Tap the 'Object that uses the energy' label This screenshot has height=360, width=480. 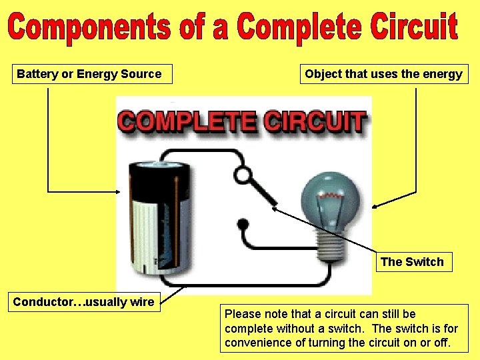(383, 74)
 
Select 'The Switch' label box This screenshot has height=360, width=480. (412, 262)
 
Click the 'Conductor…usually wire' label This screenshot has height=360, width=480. (84, 302)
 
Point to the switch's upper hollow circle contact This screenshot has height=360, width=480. (244, 175)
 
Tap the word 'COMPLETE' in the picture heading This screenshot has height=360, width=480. (187, 123)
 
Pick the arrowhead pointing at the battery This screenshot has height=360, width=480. (119, 191)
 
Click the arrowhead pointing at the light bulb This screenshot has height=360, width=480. (375, 207)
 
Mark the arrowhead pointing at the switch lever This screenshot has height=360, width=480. (273, 207)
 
